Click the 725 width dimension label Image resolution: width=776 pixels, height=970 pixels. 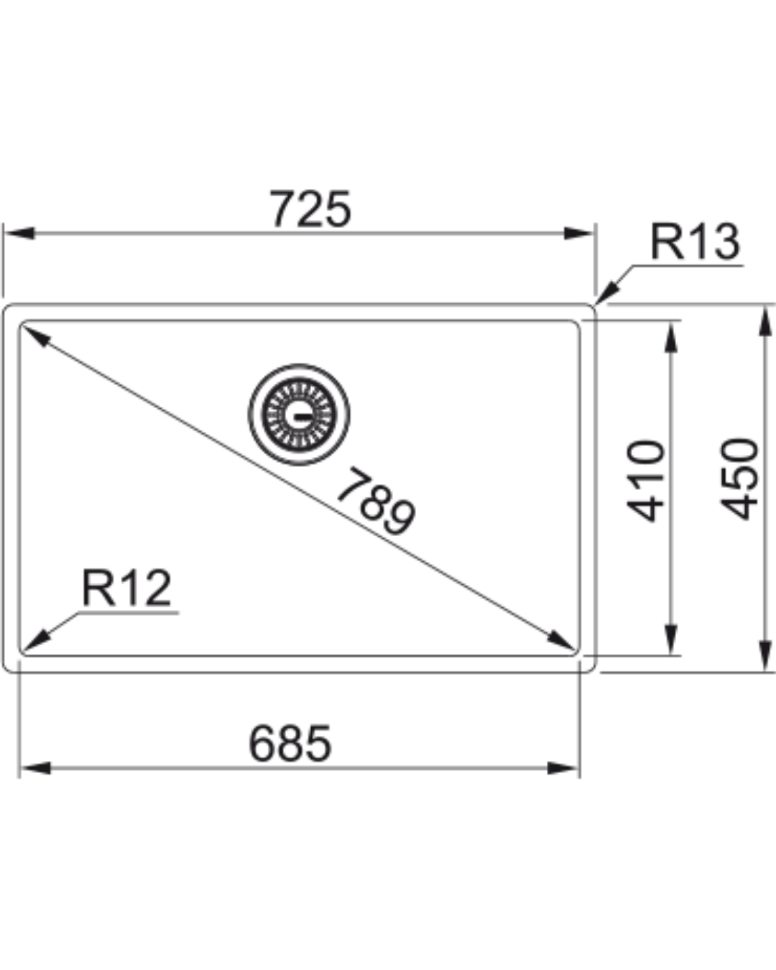[310, 209]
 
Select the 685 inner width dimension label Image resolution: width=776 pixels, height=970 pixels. [290, 744]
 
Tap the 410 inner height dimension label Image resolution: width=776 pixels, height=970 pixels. [646, 480]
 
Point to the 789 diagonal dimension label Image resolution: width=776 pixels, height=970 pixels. [376, 502]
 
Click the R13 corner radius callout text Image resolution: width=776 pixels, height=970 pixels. [694, 241]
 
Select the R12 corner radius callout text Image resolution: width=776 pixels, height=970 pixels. [126, 588]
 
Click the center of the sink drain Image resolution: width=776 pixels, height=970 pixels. [300, 415]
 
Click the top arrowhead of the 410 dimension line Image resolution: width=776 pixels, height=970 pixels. [670, 336]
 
